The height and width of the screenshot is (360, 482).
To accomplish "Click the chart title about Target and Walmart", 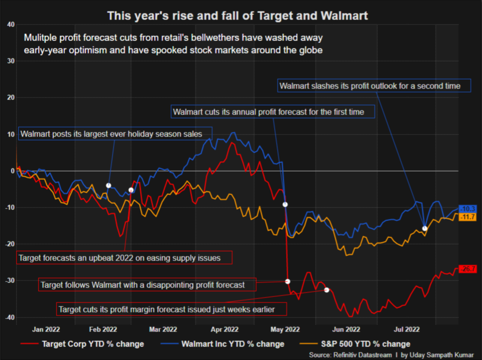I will pyautogui.click(x=238, y=15).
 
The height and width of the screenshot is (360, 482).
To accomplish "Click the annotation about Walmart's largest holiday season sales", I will pyautogui.click(x=115, y=134).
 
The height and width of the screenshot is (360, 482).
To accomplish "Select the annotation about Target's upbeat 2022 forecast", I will pyautogui.click(x=124, y=258).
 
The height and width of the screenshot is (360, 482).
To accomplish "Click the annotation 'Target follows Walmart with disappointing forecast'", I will pyautogui.click(x=147, y=285).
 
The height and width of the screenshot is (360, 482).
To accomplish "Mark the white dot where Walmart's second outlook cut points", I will pyautogui.click(x=424, y=228).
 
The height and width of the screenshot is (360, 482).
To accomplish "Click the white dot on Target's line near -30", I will pyautogui.click(x=287, y=281).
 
